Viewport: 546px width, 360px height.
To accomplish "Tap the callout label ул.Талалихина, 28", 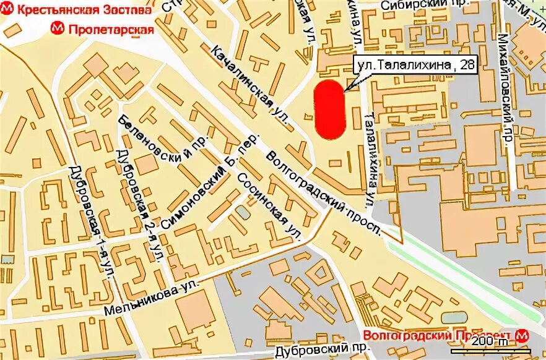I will [x=414, y=64].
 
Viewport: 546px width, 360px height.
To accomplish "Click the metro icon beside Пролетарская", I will [x=58, y=28].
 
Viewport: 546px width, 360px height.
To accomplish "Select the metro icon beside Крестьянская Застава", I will [x=6, y=11].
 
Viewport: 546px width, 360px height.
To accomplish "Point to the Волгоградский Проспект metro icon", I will [x=524, y=335].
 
